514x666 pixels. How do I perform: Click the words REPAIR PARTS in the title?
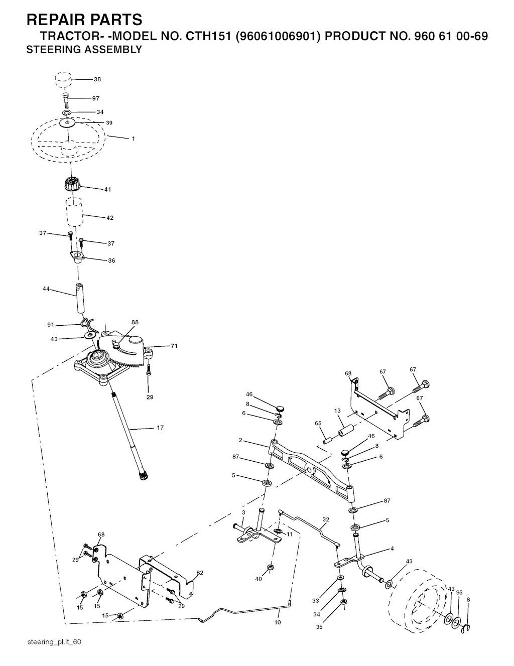tap(84, 20)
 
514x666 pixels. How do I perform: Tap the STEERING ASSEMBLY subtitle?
tap(84, 50)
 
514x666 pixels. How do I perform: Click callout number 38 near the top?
tap(97, 79)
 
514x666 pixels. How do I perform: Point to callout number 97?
tap(96, 98)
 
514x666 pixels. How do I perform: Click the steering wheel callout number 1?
tap(133, 139)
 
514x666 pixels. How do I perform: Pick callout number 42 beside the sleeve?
tap(110, 218)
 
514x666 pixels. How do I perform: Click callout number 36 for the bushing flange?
tap(111, 260)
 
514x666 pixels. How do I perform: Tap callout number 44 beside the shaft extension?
tap(46, 289)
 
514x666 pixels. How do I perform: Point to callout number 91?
tap(51, 325)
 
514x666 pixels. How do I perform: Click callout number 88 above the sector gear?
tap(135, 322)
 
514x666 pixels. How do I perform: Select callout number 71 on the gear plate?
tap(174, 346)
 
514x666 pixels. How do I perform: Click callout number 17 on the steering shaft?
tap(160, 428)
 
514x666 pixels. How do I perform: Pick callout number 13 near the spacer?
tap(337, 411)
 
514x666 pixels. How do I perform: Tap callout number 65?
tap(318, 424)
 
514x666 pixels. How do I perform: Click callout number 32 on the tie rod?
tap(326, 519)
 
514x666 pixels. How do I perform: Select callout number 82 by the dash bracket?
tap(200, 573)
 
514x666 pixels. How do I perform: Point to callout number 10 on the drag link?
tap(278, 622)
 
